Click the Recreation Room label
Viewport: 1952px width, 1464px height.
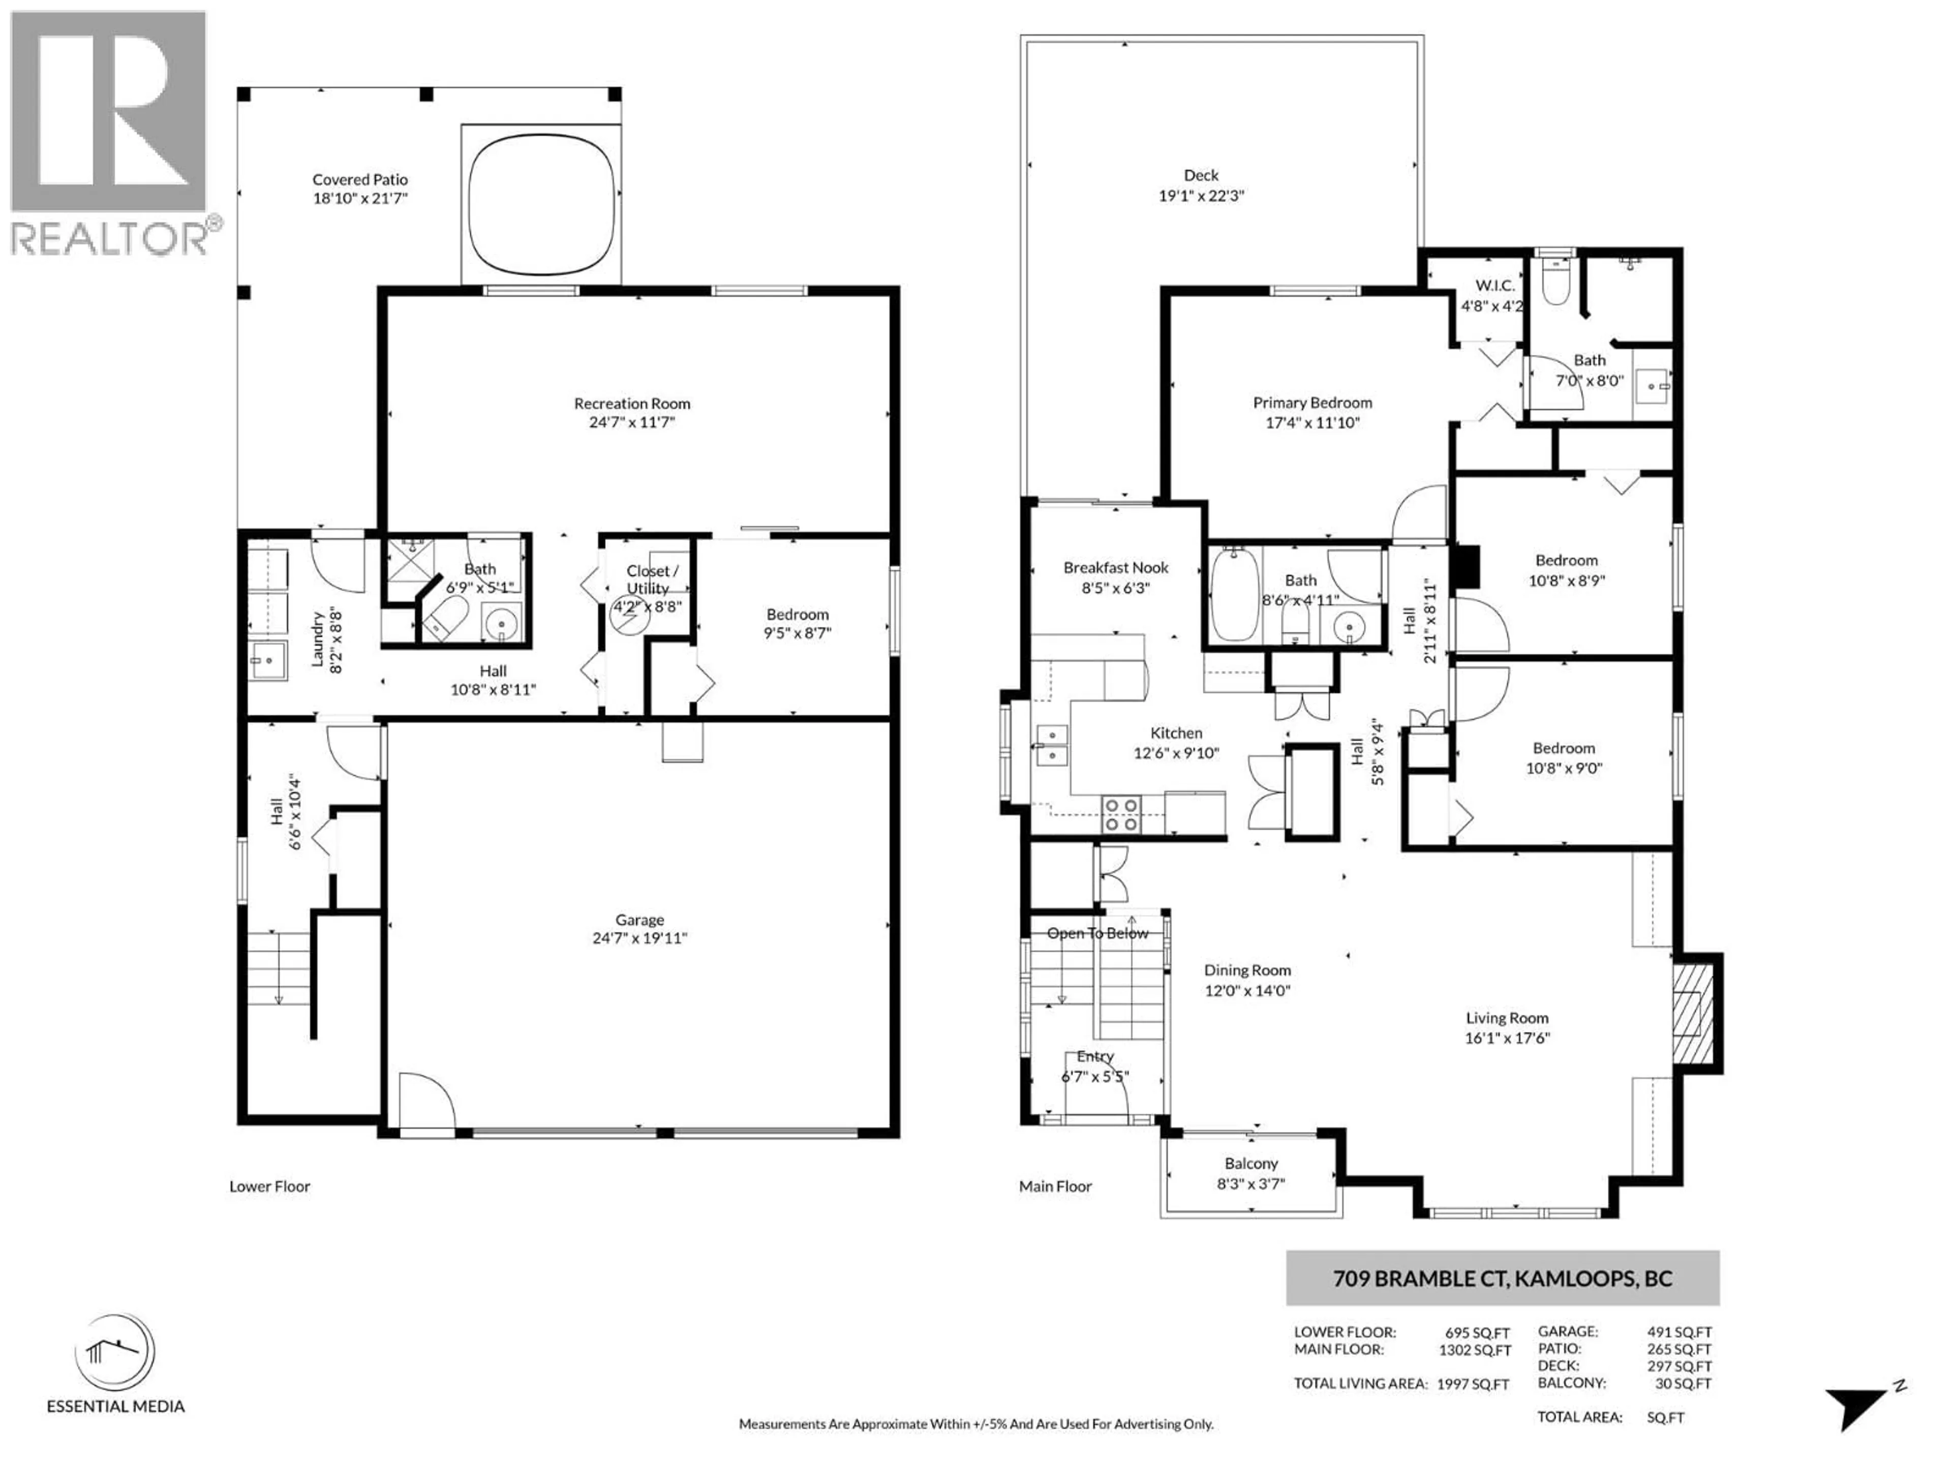[x=632, y=403]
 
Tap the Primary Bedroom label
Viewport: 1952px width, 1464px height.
[x=1312, y=403]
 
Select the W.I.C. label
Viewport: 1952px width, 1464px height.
[x=1495, y=285]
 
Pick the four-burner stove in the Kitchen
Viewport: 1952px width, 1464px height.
[x=1121, y=814]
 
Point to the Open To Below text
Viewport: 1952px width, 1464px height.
[x=1098, y=933]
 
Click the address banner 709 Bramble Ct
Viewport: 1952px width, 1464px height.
[x=1502, y=1278]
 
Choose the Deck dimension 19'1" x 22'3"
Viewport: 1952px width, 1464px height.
[x=1201, y=195]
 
